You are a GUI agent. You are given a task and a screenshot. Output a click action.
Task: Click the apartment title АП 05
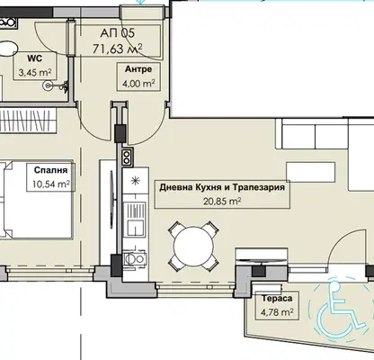tap(117, 32)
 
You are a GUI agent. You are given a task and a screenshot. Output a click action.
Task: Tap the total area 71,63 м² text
tap(117, 48)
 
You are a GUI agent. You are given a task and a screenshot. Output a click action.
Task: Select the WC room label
tap(35, 58)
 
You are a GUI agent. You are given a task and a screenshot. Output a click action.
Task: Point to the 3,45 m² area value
tap(35, 72)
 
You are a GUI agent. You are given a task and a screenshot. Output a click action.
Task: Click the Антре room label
tap(138, 69)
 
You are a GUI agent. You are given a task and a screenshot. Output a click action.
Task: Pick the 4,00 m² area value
tap(138, 83)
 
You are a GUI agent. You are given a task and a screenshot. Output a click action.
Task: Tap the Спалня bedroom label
tap(50, 170)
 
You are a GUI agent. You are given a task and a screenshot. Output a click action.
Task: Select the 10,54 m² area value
tap(51, 184)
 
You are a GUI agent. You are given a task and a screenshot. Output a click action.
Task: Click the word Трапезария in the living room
tap(259, 188)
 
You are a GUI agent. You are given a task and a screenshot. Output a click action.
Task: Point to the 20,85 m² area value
tap(222, 201)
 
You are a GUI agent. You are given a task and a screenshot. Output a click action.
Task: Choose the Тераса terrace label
tap(277, 299)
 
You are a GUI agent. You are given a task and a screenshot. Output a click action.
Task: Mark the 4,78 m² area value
tap(277, 312)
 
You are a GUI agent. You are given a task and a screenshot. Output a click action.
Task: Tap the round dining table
tap(193, 246)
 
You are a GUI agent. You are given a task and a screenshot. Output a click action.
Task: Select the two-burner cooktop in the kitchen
tap(127, 157)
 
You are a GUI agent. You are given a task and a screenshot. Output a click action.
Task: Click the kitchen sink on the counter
tap(135, 219)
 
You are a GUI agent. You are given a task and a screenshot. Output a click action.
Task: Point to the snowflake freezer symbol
tap(136, 180)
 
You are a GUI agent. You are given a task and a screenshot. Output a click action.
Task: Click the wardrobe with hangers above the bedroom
tap(28, 120)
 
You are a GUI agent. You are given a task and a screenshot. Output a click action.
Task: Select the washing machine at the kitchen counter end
tap(135, 258)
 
